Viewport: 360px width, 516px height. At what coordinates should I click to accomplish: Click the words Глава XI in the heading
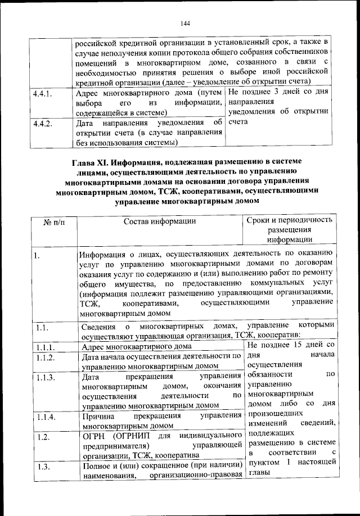click(x=91, y=163)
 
